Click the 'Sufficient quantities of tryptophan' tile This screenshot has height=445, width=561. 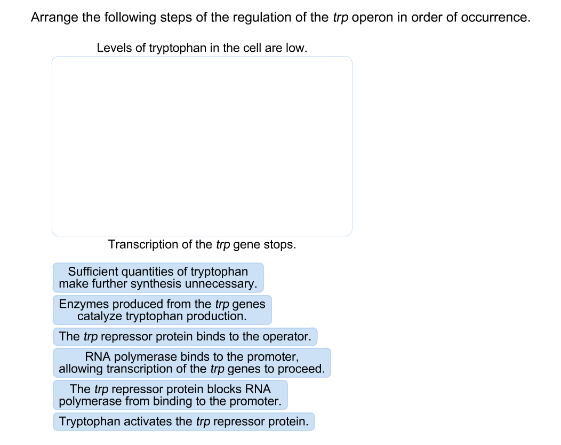click(x=158, y=278)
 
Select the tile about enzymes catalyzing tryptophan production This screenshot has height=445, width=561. click(x=162, y=310)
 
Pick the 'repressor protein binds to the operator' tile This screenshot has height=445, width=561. click(x=185, y=337)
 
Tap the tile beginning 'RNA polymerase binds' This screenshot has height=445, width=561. click(x=192, y=363)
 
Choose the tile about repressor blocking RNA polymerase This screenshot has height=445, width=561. click(x=170, y=395)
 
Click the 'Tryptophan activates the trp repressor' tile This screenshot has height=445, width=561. click(x=183, y=422)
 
